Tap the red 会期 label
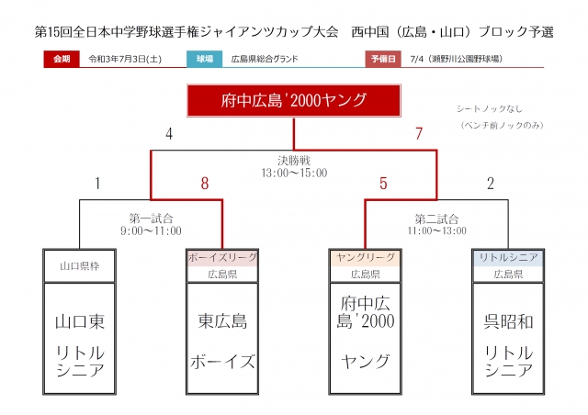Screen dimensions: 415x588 [61, 58]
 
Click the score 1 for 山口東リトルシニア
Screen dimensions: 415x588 [97, 184]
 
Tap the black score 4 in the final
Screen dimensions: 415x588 [169, 134]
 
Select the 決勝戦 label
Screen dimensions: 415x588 [294, 158]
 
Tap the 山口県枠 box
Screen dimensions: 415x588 [79, 265]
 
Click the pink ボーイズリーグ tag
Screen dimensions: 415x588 [221, 257]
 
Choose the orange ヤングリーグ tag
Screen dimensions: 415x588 [366, 257]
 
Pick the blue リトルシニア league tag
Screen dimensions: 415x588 [508, 257]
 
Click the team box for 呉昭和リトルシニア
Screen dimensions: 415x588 [508, 343]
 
